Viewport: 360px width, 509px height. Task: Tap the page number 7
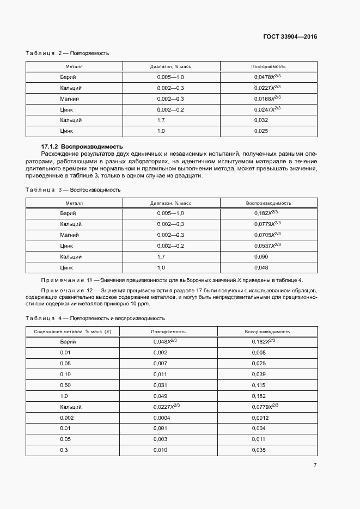315,465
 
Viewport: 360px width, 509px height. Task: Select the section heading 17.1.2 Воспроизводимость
82,147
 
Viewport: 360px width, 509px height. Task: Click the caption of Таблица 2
68,53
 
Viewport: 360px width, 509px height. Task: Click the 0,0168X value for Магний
267,99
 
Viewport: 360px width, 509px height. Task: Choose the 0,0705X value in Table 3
267,235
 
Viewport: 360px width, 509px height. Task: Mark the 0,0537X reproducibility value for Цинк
267,246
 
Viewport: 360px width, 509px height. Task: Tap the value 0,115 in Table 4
259,385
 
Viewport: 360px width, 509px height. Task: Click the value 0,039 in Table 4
259,375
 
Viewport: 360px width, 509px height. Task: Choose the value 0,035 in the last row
259,450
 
